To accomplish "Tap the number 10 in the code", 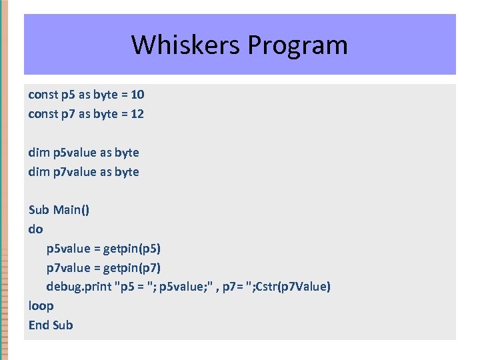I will (x=137, y=95).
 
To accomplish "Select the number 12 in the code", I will (x=137, y=114).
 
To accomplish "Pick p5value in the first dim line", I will (x=73, y=153).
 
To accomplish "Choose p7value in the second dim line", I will (x=73, y=172).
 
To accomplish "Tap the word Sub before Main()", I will (x=39, y=210).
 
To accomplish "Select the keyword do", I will (x=35, y=229).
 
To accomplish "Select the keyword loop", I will (x=41, y=306).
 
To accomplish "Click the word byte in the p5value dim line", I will (x=127, y=153).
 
